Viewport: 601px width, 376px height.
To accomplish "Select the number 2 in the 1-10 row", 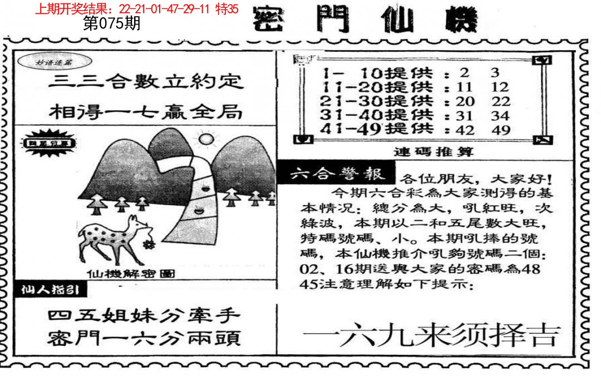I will [x=465, y=72].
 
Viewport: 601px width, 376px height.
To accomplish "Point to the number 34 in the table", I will [x=500, y=116].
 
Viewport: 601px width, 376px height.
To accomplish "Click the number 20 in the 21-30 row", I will [x=465, y=101].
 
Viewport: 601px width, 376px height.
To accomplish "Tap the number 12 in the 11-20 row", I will [x=500, y=87].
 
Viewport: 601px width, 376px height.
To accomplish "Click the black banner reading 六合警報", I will [x=337, y=174].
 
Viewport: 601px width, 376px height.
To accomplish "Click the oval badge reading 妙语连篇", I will [x=48, y=62].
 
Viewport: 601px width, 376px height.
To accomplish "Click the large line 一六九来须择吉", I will [x=430, y=335].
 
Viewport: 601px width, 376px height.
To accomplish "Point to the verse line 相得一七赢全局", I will [x=146, y=112].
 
